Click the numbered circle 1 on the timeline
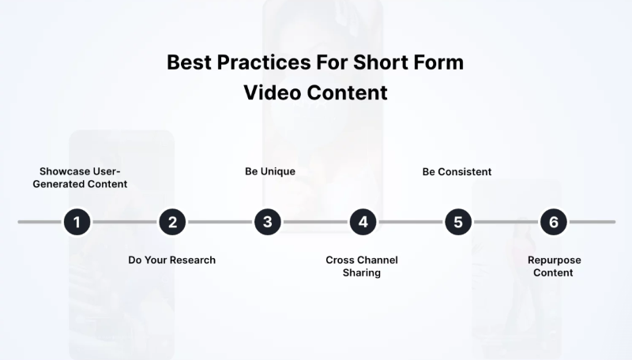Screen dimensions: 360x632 (x=77, y=222)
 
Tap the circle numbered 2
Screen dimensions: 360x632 (x=172, y=222)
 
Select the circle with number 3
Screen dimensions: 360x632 (x=268, y=222)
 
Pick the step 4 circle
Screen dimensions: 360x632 (x=363, y=222)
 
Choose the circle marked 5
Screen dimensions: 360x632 (x=458, y=222)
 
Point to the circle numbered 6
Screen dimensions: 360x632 (x=553, y=222)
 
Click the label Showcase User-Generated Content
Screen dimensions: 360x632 (x=83, y=178)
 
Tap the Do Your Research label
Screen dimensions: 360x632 (x=171, y=260)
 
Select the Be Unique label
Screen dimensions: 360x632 (x=269, y=171)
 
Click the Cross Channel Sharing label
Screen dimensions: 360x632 (x=362, y=266)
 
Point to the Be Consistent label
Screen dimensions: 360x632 (x=457, y=171)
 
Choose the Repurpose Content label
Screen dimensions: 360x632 (x=553, y=266)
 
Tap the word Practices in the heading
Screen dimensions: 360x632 (x=256, y=63)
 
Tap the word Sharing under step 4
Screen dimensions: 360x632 (x=362, y=273)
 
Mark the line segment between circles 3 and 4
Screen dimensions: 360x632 (x=315, y=222)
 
